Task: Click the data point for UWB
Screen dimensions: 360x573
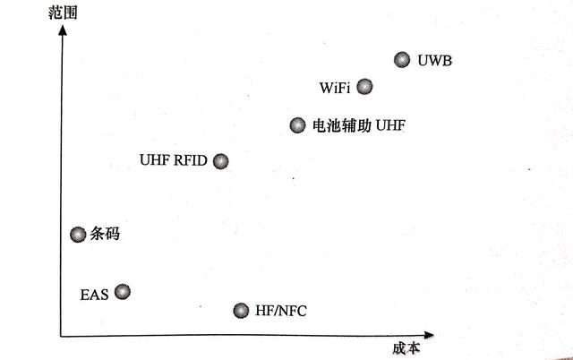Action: (x=402, y=60)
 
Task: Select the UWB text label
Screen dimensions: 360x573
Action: (x=436, y=62)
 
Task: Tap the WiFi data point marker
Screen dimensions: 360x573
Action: (x=364, y=87)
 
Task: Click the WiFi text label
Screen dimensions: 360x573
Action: (x=334, y=89)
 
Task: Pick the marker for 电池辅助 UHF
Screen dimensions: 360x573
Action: (x=297, y=125)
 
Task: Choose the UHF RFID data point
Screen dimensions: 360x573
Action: (x=221, y=161)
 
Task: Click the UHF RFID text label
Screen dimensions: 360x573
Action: (x=174, y=161)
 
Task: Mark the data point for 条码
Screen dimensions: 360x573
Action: (x=78, y=235)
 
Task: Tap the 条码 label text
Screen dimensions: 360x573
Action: (x=105, y=236)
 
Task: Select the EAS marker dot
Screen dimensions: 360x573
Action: (x=123, y=291)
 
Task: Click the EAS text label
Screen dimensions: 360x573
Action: (x=94, y=294)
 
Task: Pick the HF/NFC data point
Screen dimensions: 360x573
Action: (x=240, y=311)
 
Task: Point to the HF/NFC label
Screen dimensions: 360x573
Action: (x=280, y=312)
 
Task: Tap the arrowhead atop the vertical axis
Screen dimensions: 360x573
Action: (x=62, y=32)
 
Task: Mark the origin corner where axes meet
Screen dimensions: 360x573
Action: (x=62, y=336)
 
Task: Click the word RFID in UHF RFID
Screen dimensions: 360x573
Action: (x=190, y=161)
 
